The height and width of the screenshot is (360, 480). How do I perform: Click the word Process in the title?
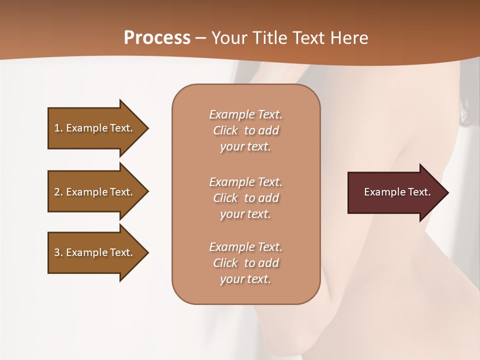pyautogui.click(x=157, y=38)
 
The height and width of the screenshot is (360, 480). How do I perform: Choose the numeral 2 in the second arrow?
pyautogui.click(x=57, y=192)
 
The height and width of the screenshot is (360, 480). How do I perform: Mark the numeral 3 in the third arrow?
pyautogui.click(x=57, y=252)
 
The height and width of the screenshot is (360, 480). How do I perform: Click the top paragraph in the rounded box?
pyautogui.click(x=245, y=130)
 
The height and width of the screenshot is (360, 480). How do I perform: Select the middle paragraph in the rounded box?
pyautogui.click(x=245, y=198)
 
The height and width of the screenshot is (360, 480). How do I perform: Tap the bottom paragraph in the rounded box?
pyautogui.click(x=245, y=263)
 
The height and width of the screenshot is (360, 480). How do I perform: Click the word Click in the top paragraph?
pyautogui.click(x=225, y=130)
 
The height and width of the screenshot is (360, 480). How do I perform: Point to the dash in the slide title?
pyautogui.click(x=200, y=38)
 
